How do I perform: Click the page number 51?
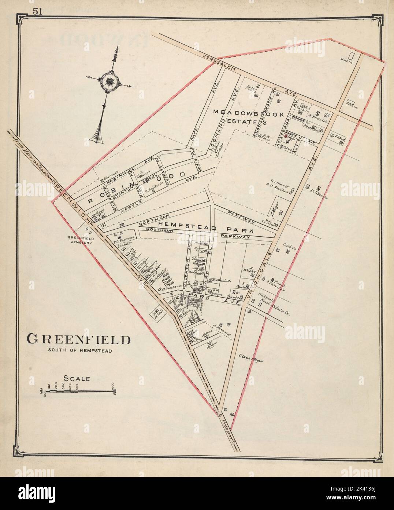point(38,11)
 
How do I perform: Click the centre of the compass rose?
point(108,80)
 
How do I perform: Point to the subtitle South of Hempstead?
point(80,350)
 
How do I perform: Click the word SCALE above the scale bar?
point(77,378)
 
